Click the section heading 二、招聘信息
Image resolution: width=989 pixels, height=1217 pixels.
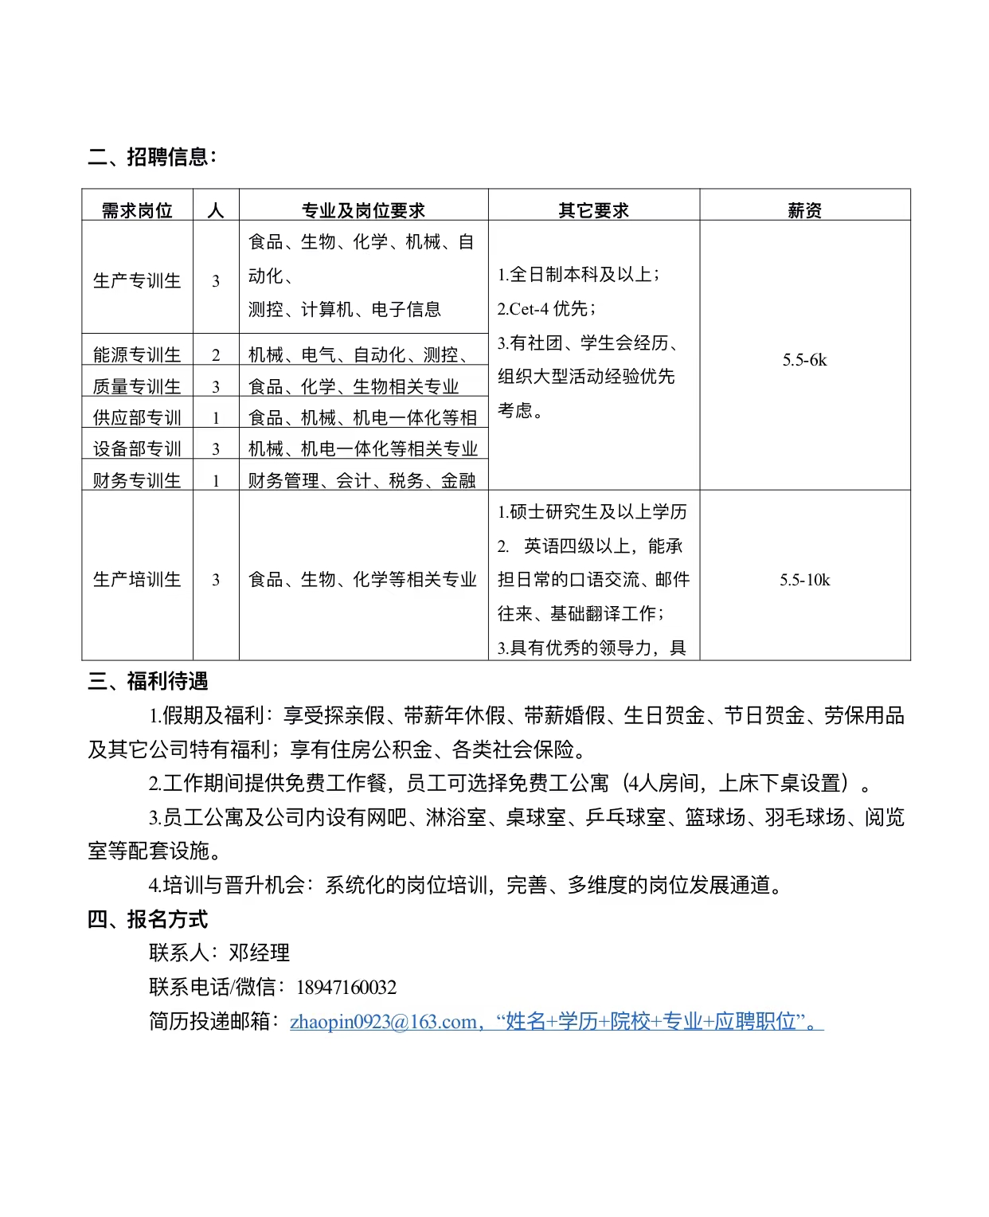(151, 157)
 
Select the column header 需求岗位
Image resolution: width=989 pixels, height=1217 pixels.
(137, 210)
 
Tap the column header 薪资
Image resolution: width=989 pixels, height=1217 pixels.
(804, 210)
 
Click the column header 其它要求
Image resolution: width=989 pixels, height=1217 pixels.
(593, 210)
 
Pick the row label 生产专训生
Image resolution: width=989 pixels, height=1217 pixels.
(137, 280)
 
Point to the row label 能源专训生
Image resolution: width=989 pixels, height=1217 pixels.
(137, 354)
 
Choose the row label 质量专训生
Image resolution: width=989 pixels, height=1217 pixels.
(137, 386)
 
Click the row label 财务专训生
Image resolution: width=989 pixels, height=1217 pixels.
(137, 480)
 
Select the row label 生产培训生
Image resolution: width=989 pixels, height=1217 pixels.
(137, 579)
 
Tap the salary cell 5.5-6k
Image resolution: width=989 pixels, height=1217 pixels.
(804, 360)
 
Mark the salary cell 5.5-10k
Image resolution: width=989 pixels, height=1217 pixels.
(804, 580)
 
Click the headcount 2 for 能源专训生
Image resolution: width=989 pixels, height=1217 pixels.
(216, 355)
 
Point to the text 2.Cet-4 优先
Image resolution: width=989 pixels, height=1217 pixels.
(546, 309)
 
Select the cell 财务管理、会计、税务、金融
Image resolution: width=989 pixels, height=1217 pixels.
(362, 480)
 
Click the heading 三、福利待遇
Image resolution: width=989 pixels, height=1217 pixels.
(148, 681)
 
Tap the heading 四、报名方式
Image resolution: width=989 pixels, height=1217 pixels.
(148, 919)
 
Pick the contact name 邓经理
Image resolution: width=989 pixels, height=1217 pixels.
(260, 953)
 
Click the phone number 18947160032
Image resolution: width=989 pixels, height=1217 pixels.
(346, 988)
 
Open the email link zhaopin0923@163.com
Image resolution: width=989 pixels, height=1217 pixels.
(383, 1022)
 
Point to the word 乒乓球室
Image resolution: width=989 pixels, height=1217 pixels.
(626, 817)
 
